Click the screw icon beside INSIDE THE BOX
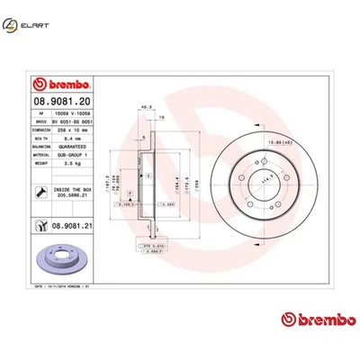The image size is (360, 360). click(43, 190)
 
